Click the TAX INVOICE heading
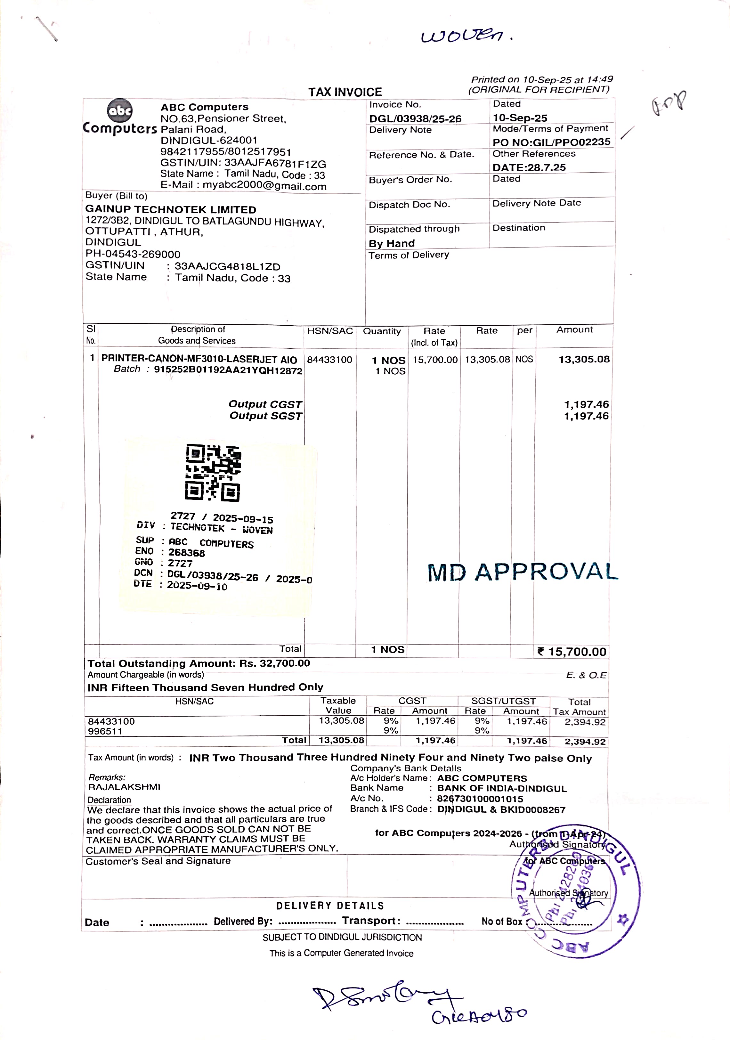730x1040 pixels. pyautogui.click(x=345, y=92)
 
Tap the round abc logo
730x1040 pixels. pyautogui.click(x=119, y=110)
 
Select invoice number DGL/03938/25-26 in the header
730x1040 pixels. pyautogui.click(x=415, y=119)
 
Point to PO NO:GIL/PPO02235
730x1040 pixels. pyautogui.click(x=551, y=142)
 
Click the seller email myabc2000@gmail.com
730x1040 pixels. pyautogui.click(x=264, y=186)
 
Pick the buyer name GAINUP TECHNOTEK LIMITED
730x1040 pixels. pyautogui.click(x=171, y=210)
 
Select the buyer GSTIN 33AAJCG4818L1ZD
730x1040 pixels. pyautogui.click(x=227, y=267)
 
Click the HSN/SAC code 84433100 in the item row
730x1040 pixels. pyautogui.click(x=329, y=360)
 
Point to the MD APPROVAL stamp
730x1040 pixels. pyautogui.click(x=522, y=572)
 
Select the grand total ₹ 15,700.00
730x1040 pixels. pyautogui.click(x=572, y=652)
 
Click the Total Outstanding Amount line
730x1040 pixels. pyautogui.click(x=199, y=663)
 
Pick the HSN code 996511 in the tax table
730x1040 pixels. pyautogui.click(x=105, y=731)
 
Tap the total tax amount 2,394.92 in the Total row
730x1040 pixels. pyautogui.click(x=585, y=742)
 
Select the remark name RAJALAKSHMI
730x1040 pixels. pyautogui.click(x=124, y=787)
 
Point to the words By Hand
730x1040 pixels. pyautogui.click(x=391, y=244)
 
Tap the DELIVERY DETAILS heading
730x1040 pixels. pyautogui.click(x=330, y=906)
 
